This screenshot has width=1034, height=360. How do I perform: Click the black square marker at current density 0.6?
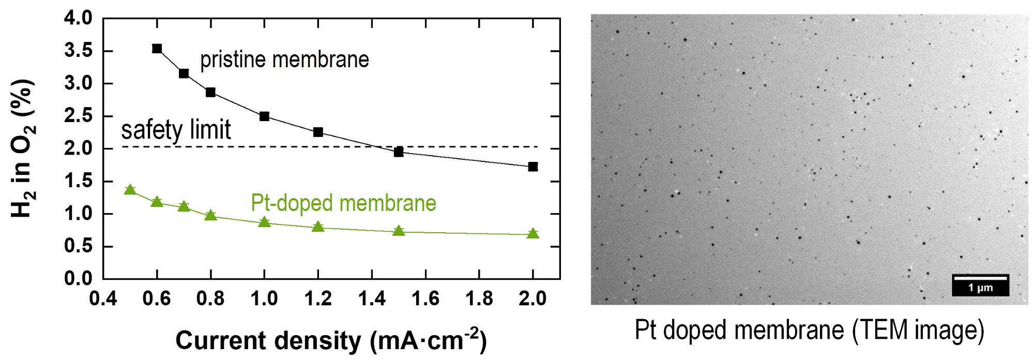pyautogui.click(x=157, y=49)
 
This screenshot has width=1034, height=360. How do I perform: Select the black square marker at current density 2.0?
pyautogui.click(x=533, y=167)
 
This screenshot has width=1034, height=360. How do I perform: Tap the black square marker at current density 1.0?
pyautogui.click(x=264, y=116)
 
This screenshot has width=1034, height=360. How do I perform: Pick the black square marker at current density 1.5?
pyautogui.click(x=399, y=152)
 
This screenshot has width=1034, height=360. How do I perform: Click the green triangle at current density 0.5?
pyautogui.click(x=130, y=190)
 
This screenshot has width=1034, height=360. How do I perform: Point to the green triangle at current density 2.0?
pyautogui.click(x=533, y=234)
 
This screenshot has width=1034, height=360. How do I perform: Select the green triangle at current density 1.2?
pyautogui.click(x=318, y=227)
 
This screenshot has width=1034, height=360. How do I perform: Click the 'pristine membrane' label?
pyautogui.click(x=284, y=60)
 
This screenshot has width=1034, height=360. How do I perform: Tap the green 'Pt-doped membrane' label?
pyautogui.click(x=343, y=203)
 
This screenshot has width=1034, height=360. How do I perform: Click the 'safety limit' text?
pyautogui.click(x=176, y=130)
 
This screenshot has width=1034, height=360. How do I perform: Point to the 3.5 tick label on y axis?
pyautogui.click(x=78, y=51)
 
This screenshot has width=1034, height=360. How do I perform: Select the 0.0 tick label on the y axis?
pyautogui.click(x=78, y=278)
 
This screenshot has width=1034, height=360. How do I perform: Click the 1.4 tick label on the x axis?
pyautogui.click(x=372, y=298)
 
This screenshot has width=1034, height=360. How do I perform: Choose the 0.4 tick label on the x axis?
pyautogui.click(x=103, y=298)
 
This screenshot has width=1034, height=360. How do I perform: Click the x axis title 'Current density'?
pyautogui.click(x=331, y=340)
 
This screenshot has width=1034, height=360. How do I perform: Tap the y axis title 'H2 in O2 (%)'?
pyautogui.click(x=23, y=149)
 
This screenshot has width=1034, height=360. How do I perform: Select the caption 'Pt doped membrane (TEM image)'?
pyautogui.click(x=809, y=330)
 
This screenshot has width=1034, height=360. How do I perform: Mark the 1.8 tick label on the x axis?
pyautogui.click(x=479, y=298)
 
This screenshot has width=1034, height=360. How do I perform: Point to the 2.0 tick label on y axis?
pyautogui.click(x=78, y=148)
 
